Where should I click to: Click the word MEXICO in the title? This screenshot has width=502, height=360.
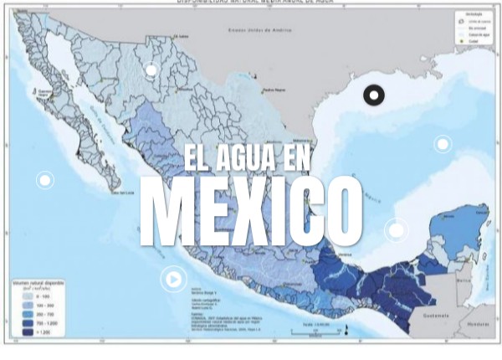pyautogui.click(x=250, y=210)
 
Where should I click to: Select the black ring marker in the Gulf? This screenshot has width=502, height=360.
pyautogui.click(x=373, y=95)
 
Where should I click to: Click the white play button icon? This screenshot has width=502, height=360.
pyautogui.click(x=173, y=279)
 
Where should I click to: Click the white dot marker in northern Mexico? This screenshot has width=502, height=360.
pyautogui.click(x=151, y=70)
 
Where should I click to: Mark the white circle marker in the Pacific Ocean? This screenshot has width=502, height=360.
pyautogui.click(x=44, y=180)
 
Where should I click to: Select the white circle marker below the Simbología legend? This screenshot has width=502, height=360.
pyautogui.click(x=443, y=144)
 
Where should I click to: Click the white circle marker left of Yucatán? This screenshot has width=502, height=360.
pyautogui.click(x=397, y=229)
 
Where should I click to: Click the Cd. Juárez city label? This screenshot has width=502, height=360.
pyautogui.click(x=180, y=36)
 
